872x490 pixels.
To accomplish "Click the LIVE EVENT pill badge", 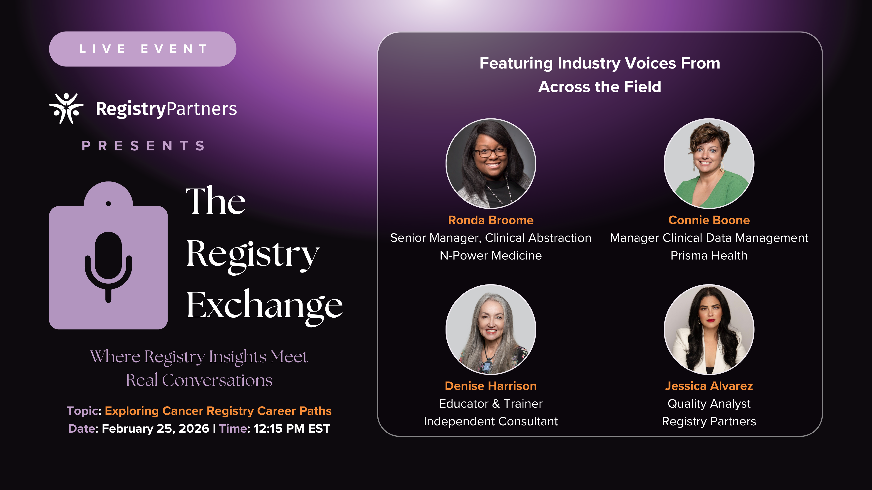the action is pyautogui.click(x=143, y=49).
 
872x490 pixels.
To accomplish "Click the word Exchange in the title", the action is pyautogui.click(x=264, y=306).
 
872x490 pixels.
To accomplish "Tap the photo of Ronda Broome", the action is pyautogui.click(x=490, y=163).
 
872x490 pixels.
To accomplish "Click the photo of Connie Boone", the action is pyautogui.click(x=709, y=163).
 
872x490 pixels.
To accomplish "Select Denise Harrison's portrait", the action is pyautogui.click(x=490, y=329).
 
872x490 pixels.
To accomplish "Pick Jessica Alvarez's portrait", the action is pyautogui.click(x=709, y=329).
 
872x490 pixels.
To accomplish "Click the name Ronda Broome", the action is pyautogui.click(x=490, y=220).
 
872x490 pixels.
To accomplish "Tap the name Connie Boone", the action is pyautogui.click(x=709, y=220).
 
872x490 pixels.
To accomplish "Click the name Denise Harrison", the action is pyautogui.click(x=490, y=386).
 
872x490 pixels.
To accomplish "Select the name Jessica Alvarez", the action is pyautogui.click(x=709, y=386).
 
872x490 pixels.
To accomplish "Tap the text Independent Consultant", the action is pyautogui.click(x=490, y=421).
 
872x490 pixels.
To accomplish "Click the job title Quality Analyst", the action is pyautogui.click(x=709, y=404).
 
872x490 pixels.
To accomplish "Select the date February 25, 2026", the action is pyautogui.click(x=155, y=429).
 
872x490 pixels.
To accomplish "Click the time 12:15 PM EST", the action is pyautogui.click(x=292, y=429).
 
